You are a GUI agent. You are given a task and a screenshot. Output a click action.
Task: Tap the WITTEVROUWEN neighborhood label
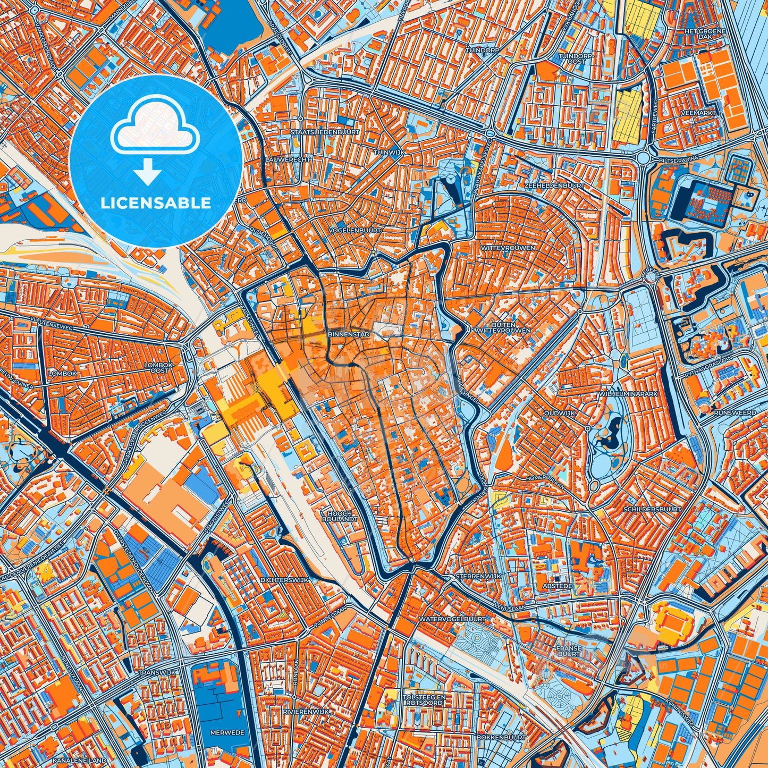508,248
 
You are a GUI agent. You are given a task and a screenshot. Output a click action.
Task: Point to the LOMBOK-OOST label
159,367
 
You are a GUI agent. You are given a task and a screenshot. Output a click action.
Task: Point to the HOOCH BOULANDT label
340,516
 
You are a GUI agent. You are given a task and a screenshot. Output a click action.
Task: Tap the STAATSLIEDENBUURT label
325,132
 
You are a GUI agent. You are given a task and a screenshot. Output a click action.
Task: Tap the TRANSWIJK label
153,672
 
